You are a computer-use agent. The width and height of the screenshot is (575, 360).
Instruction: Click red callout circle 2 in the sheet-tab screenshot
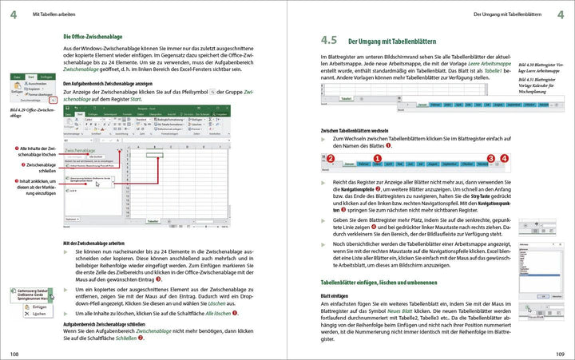click(330, 160)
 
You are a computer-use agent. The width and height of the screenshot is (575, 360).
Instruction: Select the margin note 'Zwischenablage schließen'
click(36, 165)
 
